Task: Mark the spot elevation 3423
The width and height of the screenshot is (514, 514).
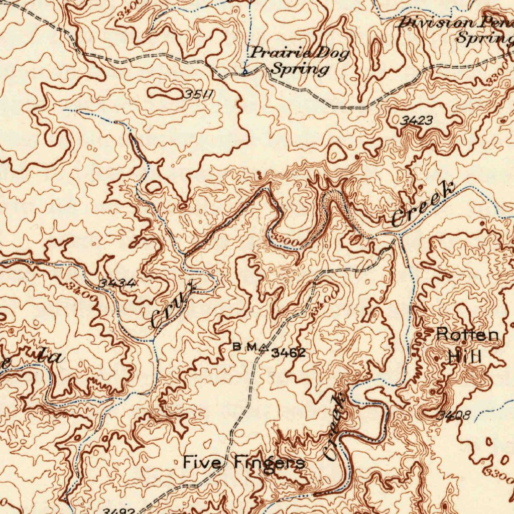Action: pyautogui.click(x=417, y=120)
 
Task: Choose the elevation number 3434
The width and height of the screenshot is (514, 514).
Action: pyautogui.click(x=116, y=284)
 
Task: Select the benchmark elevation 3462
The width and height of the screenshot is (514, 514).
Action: pyautogui.click(x=288, y=353)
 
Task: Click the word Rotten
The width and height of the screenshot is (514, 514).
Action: pyautogui.click(x=467, y=334)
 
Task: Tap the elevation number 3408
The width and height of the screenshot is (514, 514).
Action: pyautogui.click(x=453, y=415)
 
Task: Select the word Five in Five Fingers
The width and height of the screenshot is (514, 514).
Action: pyautogui.click(x=202, y=461)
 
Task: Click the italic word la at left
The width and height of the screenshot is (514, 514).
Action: pyautogui.click(x=50, y=356)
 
